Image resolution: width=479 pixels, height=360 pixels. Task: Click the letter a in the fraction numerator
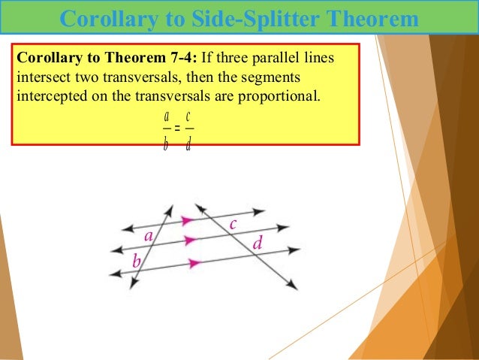pyautogui.click(x=166, y=117)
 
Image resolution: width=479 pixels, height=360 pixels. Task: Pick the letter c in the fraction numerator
pyautogui.click(x=188, y=117)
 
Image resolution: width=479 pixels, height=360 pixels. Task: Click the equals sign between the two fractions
pyautogui.click(x=177, y=129)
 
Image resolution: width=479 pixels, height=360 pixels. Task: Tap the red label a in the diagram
pyautogui.click(x=149, y=237)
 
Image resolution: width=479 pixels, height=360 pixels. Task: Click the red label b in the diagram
pyautogui.click(x=137, y=261)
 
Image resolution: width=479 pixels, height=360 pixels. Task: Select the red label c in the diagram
pyautogui.click(x=233, y=223)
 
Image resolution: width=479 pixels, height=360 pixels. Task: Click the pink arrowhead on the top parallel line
pyautogui.click(x=186, y=220)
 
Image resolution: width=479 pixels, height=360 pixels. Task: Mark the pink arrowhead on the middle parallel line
pyautogui.click(x=191, y=241)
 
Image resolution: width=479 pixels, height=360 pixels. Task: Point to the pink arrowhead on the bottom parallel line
pyautogui.click(x=195, y=263)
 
